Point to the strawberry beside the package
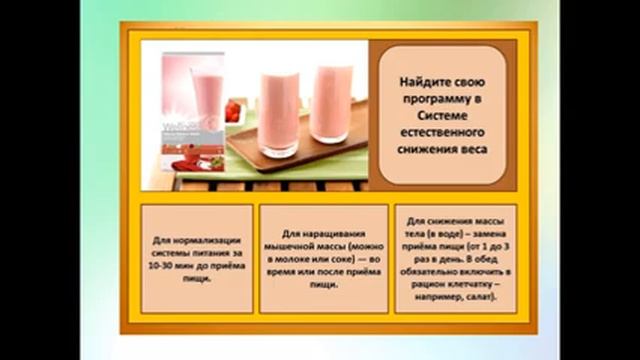(x=232, y=109)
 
